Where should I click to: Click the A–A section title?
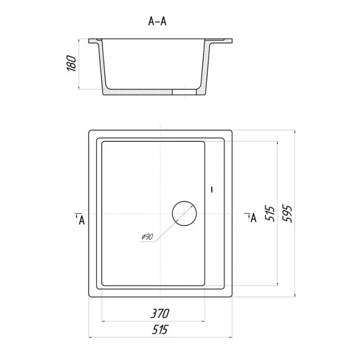pos(157,21)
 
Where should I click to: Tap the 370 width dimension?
pos(160,314)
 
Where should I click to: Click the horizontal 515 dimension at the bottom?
pos(160,329)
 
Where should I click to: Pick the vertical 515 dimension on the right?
pos(270,213)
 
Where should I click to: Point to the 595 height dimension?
pos(288,213)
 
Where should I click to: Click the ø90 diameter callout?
pos(148,237)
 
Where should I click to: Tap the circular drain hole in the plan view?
pos(184,213)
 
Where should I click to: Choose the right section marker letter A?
pos(254,218)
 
